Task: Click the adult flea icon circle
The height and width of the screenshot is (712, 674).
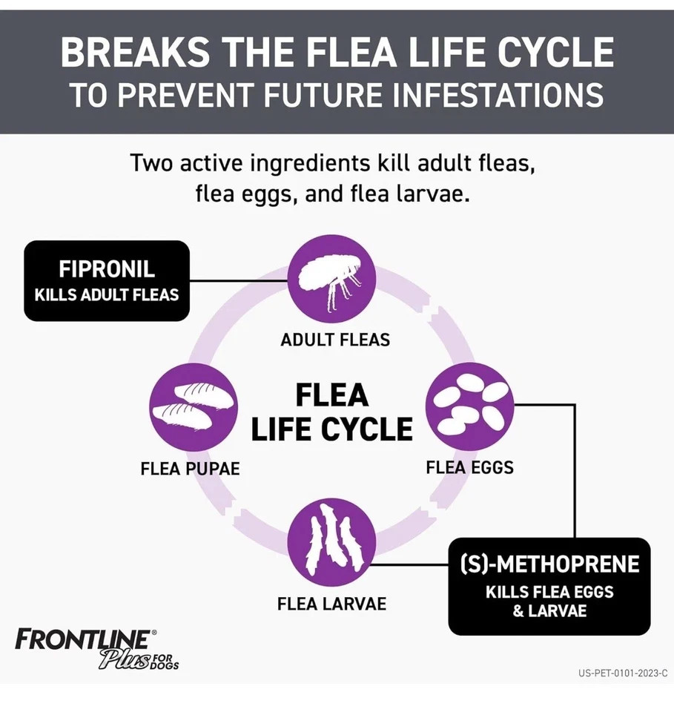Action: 331,279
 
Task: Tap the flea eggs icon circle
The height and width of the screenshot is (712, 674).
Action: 470,407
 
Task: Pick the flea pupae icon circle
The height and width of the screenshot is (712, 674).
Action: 194,407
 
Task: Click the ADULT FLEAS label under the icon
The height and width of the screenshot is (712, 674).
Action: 335,340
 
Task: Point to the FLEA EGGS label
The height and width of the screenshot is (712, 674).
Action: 470,467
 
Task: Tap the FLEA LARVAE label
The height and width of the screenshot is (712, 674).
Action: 331,604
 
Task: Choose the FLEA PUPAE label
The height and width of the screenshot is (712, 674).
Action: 190,469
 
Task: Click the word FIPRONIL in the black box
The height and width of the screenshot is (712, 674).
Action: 107,268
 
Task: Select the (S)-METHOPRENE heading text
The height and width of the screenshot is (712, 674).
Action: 549,564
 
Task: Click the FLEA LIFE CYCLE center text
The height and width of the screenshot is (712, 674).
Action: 331,412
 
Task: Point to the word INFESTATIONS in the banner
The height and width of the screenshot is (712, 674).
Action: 498,94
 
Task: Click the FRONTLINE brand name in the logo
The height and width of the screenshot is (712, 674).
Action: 82,639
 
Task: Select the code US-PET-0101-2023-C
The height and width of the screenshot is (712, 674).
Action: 623,673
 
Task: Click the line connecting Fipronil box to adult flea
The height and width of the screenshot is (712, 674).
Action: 239,280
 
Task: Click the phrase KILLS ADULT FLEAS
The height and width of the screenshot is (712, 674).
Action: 107,295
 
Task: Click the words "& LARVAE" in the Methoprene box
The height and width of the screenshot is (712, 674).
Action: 549,610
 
